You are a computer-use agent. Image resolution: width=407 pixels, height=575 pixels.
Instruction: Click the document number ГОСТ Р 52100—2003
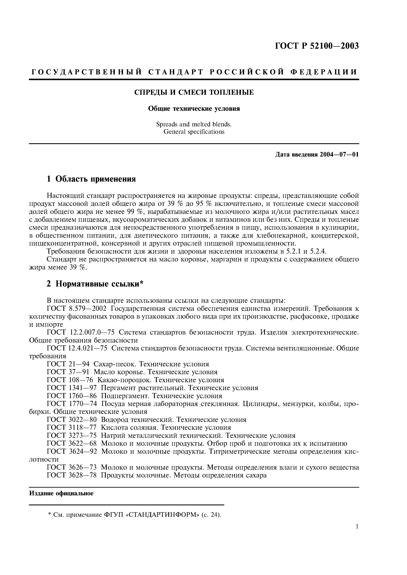point(317,46)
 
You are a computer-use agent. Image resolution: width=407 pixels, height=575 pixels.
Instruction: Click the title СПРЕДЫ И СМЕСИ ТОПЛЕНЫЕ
point(194,92)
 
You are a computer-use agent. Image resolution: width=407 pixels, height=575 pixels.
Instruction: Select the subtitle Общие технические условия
point(194,109)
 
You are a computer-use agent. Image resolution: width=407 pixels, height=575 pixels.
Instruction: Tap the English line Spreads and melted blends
point(194,124)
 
